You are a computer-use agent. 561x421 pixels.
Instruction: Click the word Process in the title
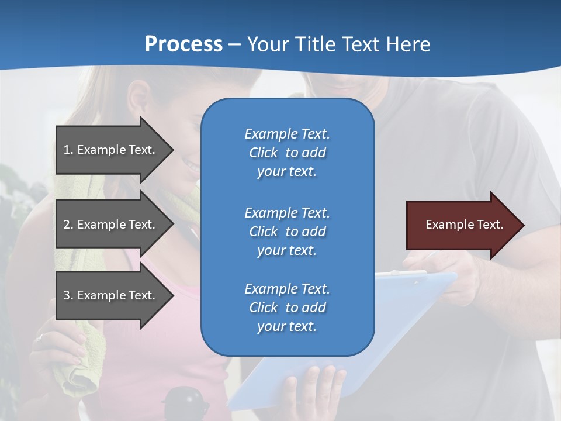183,44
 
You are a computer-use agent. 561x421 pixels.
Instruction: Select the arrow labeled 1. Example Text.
111,150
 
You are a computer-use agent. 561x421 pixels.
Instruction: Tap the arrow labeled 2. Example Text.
111,225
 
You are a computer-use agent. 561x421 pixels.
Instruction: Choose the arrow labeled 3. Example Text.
111,295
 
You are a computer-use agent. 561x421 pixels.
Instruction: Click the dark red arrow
462,225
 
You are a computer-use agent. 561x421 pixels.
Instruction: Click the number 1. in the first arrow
68,150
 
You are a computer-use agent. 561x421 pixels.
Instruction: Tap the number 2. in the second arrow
68,225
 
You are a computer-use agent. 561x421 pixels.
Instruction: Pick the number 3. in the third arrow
68,295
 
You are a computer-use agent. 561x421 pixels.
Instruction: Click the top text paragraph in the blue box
287,153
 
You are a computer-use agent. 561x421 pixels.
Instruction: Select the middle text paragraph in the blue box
287,232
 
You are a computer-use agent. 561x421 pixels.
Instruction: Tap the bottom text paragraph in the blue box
287,308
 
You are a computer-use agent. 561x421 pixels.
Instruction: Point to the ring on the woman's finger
39,337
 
